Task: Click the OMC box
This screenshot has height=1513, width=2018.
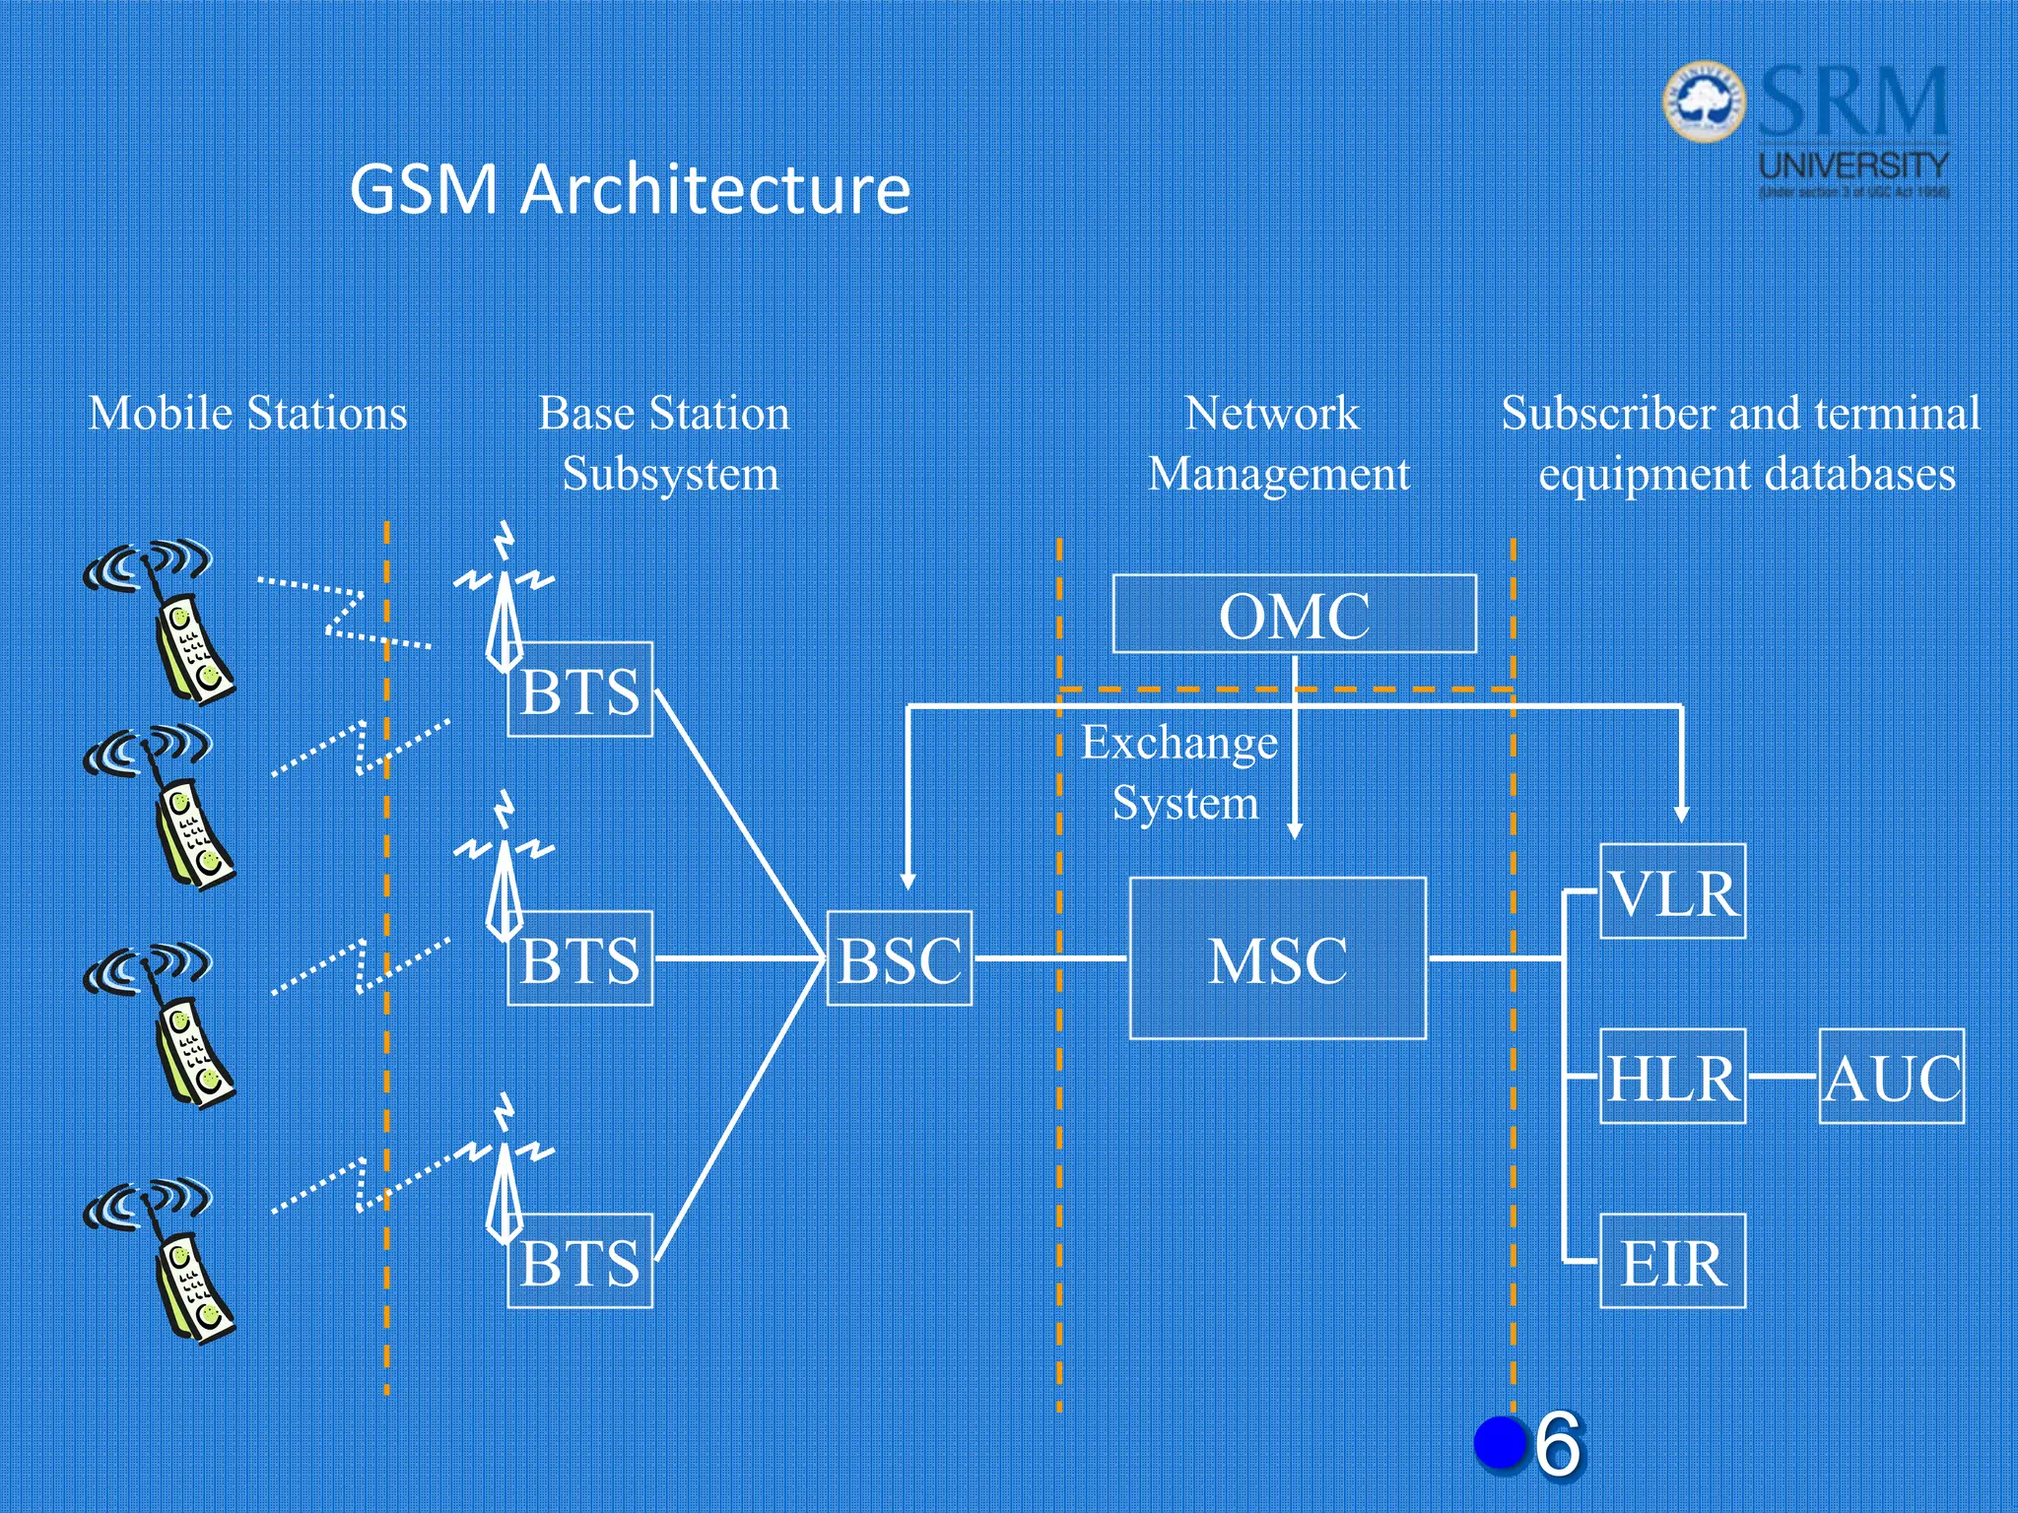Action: tap(1294, 614)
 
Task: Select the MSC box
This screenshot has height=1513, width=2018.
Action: tap(1277, 958)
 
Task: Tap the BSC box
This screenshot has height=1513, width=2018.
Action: tap(899, 958)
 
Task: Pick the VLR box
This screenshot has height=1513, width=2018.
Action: tap(1672, 891)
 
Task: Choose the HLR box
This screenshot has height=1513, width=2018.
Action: tap(1672, 1077)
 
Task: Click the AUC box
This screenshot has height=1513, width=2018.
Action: tap(1891, 1077)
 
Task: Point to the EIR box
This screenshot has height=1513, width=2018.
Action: tap(1672, 1262)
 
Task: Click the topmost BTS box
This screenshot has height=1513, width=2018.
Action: tap(580, 690)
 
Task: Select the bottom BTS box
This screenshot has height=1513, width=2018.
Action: tap(580, 1262)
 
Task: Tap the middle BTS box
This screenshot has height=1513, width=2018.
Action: tap(580, 958)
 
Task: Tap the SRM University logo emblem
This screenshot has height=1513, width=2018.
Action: tap(1704, 101)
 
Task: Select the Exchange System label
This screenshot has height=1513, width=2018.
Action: tap(1179, 772)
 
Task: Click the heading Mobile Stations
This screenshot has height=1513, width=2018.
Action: tap(247, 413)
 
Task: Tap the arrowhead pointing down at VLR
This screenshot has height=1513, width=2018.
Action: tap(1682, 815)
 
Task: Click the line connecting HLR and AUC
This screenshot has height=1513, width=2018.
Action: tap(1782, 1077)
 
